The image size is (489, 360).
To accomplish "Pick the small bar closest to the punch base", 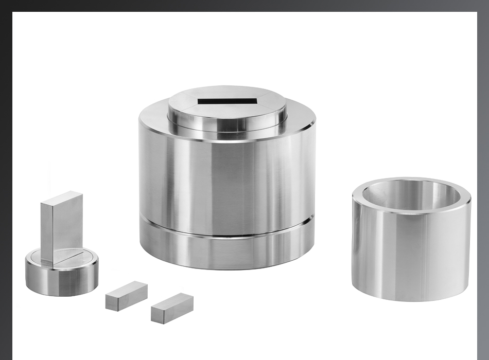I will click(x=127, y=295).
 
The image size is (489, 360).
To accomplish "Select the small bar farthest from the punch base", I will click(x=172, y=308).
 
